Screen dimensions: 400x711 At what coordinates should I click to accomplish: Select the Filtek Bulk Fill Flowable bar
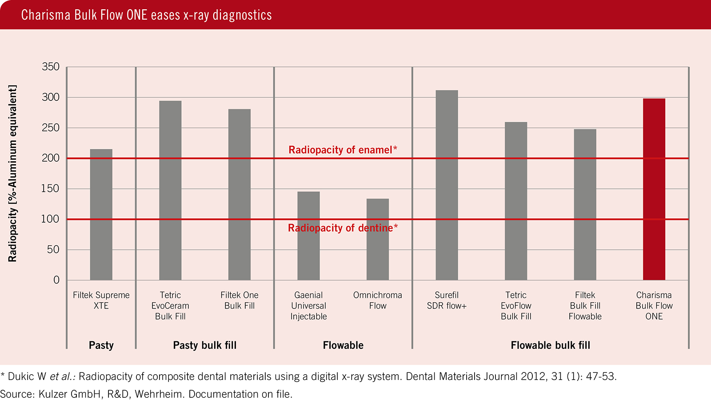point(585,204)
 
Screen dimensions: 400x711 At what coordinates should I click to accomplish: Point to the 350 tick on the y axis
point(51,67)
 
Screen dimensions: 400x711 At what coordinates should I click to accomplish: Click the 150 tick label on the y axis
point(51,188)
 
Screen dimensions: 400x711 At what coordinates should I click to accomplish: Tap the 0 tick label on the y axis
point(56,280)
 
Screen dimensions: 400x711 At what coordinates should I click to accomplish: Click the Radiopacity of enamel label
point(343,150)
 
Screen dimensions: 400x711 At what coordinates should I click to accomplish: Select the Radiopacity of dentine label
point(343,228)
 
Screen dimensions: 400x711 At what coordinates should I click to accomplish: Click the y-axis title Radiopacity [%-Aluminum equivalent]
point(12,173)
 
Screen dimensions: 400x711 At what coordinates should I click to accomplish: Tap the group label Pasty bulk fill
point(205,345)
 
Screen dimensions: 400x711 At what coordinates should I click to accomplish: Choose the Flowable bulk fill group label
point(550,345)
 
